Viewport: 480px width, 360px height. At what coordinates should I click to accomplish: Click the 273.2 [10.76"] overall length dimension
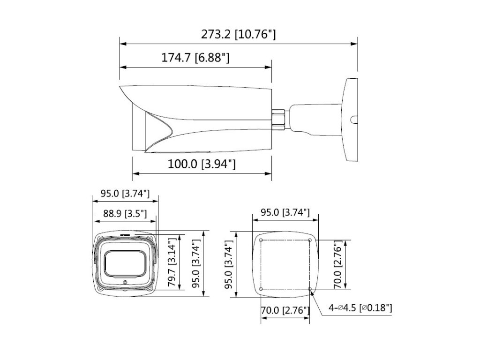[238, 34]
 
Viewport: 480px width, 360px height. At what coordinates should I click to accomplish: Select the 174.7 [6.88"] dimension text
[195, 57]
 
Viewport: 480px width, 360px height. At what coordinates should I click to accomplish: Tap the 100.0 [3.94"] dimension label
[202, 164]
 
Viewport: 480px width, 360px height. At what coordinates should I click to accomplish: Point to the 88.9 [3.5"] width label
[125, 213]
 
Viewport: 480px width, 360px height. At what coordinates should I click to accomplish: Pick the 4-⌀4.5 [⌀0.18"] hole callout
[360, 307]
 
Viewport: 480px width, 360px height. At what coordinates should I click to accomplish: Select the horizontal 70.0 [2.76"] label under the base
[285, 310]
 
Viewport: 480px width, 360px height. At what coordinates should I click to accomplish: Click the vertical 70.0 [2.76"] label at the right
[338, 264]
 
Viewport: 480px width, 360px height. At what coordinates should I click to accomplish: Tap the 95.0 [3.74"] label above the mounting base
[285, 212]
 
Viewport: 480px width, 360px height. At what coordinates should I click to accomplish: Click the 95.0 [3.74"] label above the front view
[125, 194]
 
